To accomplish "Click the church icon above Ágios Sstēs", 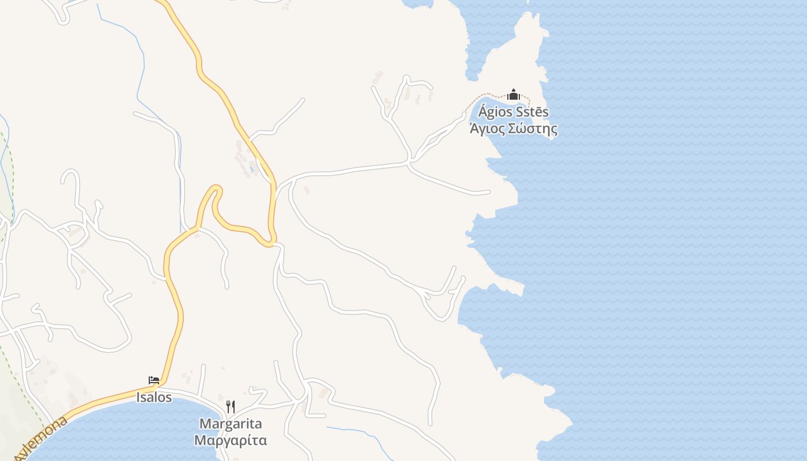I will (514, 95).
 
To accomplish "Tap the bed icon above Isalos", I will (154, 380).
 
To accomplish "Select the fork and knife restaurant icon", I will (231, 407).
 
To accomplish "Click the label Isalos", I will (154, 397).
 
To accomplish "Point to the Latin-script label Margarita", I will (231, 424).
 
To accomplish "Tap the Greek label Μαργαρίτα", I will (231, 441).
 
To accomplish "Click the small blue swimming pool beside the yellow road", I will (252, 170).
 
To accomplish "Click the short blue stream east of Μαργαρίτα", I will (357, 432).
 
